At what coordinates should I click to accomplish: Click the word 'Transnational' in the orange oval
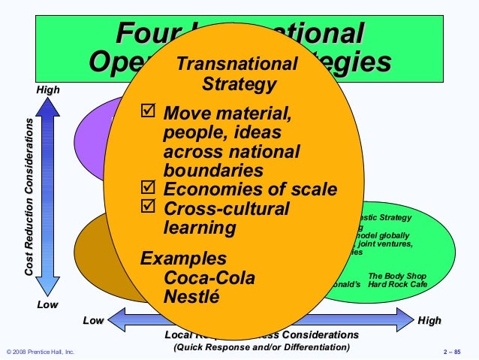pos(236,65)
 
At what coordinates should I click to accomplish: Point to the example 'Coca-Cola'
pos(209,277)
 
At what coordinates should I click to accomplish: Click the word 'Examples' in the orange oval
pos(184,259)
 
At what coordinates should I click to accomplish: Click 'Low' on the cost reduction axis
pos(47,306)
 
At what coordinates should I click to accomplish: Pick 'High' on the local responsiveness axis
pos(429,321)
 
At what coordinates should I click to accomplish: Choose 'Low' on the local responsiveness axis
pos(92,321)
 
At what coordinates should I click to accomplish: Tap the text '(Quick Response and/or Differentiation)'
pos(261,348)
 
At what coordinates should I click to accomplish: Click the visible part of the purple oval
pos(90,139)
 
